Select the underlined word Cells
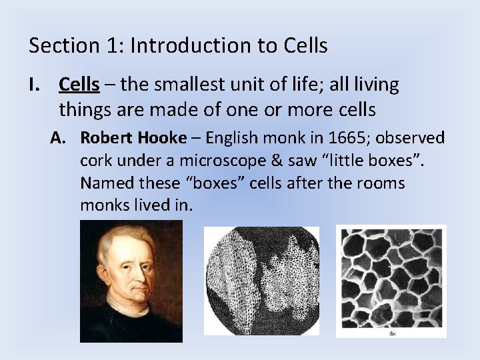tap(79, 85)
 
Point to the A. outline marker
tap(61, 138)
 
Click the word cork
tap(94, 161)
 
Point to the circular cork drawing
tap(261, 280)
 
